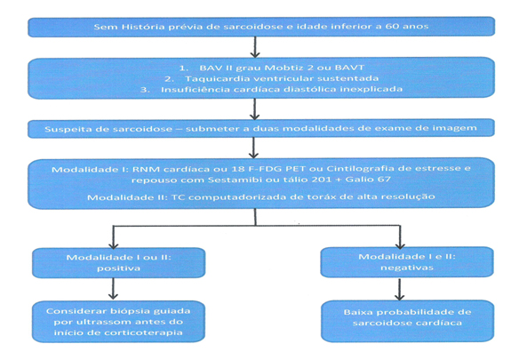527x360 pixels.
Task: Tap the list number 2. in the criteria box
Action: point(169,79)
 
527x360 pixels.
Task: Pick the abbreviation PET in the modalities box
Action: point(293,168)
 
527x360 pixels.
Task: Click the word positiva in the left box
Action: point(118,268)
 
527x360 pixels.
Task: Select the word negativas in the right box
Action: point(407,268)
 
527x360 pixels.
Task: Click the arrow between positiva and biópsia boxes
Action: point(113,289)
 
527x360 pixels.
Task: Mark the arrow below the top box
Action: point(255,47)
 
